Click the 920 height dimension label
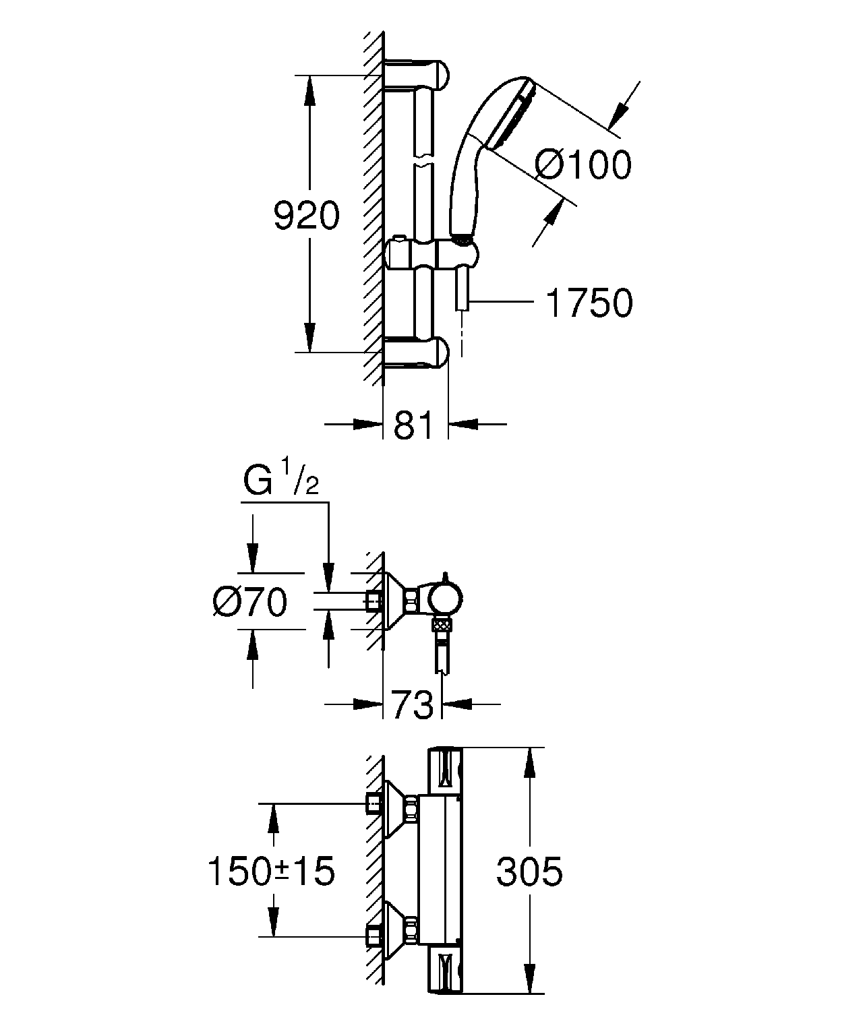pyautogui.click(x=307, y=216)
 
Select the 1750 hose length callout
pyautogui.click(x=589, y=303)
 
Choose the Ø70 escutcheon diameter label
pyautogui.click(x=249, y=602)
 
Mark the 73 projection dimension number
pyautogui.click(x=412, y=704)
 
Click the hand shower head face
pyautogui.click(x=511, y=115)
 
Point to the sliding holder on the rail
pyautogui.click(x=432, y=255)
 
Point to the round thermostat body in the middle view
pyautogui.click(x=445, y=598)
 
